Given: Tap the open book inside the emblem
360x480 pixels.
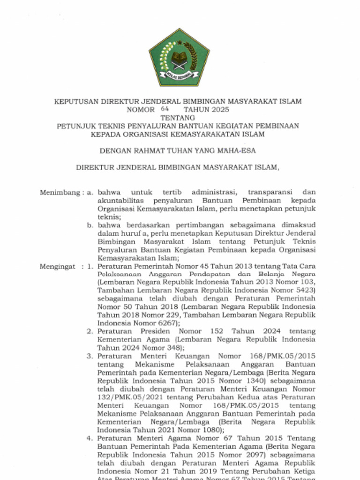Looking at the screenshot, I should point(179,60).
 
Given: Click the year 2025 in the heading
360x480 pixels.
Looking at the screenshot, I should point(220,110).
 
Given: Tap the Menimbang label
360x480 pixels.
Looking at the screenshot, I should point(60,192).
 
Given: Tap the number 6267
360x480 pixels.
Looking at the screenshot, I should point(165,323).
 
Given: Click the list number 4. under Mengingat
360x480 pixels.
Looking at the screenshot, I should point(90,438).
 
